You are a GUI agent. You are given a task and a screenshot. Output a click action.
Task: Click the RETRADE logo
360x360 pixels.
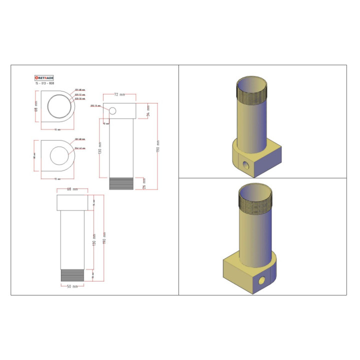pos(44,78)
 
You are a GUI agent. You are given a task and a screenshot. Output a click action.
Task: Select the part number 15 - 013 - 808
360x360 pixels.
pos(44,84)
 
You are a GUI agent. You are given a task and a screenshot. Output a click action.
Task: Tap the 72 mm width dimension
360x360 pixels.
pos(119,94)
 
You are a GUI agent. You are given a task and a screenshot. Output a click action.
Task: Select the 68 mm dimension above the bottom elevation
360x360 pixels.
pos(72,189)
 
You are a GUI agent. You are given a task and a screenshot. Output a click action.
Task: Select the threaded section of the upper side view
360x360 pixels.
pos(121,183)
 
